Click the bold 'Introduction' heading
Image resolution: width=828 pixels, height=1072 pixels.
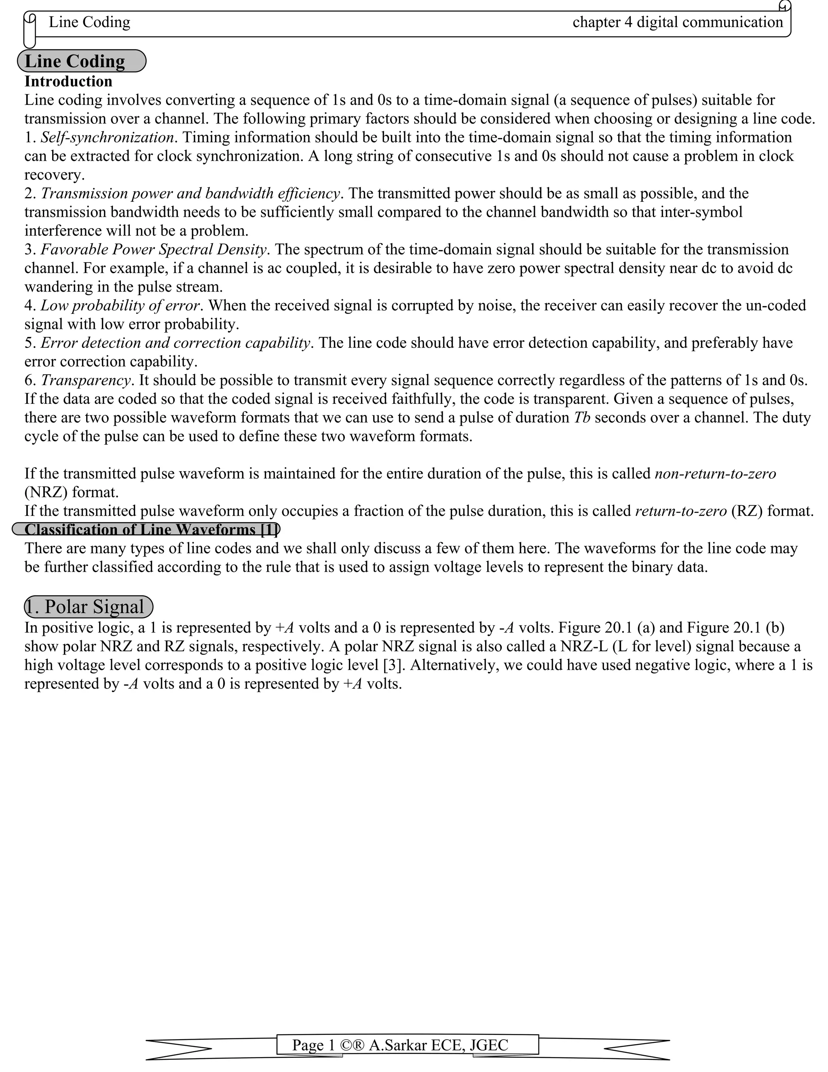[68, 81]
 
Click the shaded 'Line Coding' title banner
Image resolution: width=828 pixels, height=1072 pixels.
[81, 61]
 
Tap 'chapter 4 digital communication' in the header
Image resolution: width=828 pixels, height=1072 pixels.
[678, 22]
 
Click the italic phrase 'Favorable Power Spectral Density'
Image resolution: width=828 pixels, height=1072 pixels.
[153, 249]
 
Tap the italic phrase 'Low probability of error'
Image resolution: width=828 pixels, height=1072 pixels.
[120, 305]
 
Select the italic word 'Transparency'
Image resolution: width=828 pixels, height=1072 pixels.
[86, 380]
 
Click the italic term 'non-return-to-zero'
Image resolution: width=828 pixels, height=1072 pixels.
[715, 474]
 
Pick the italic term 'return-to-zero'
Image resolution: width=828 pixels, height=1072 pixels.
[680, 511]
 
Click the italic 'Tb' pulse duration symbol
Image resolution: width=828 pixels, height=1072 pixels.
[582, 418]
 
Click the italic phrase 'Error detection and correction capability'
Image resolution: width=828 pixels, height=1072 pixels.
[175, 343]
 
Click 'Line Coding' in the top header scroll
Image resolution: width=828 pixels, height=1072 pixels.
[89, 22]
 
